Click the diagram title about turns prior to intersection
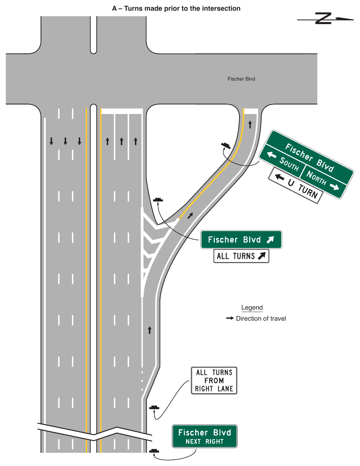point(176,9)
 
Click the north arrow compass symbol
point(325,19)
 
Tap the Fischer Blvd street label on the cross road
point(241,79)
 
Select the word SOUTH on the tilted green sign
point(289,164)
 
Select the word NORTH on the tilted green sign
point(316,178)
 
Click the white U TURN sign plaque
point(296,185)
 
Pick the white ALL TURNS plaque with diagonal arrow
point(241,256)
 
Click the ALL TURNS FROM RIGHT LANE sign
point(214,381)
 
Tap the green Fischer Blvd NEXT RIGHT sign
point(205,436)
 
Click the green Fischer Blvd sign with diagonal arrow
point(241,239)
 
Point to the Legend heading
point(252,308)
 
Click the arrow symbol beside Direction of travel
point(230,318)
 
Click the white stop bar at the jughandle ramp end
point(251,111)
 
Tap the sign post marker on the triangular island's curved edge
point(226,146)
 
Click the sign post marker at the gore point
point(158,200)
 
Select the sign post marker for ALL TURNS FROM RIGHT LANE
point(154,407)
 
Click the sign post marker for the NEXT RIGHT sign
point(154,451)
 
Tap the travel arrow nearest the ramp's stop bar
point(250,125)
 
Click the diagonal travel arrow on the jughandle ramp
point(190,216)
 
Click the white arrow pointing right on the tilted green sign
point(335,187)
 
